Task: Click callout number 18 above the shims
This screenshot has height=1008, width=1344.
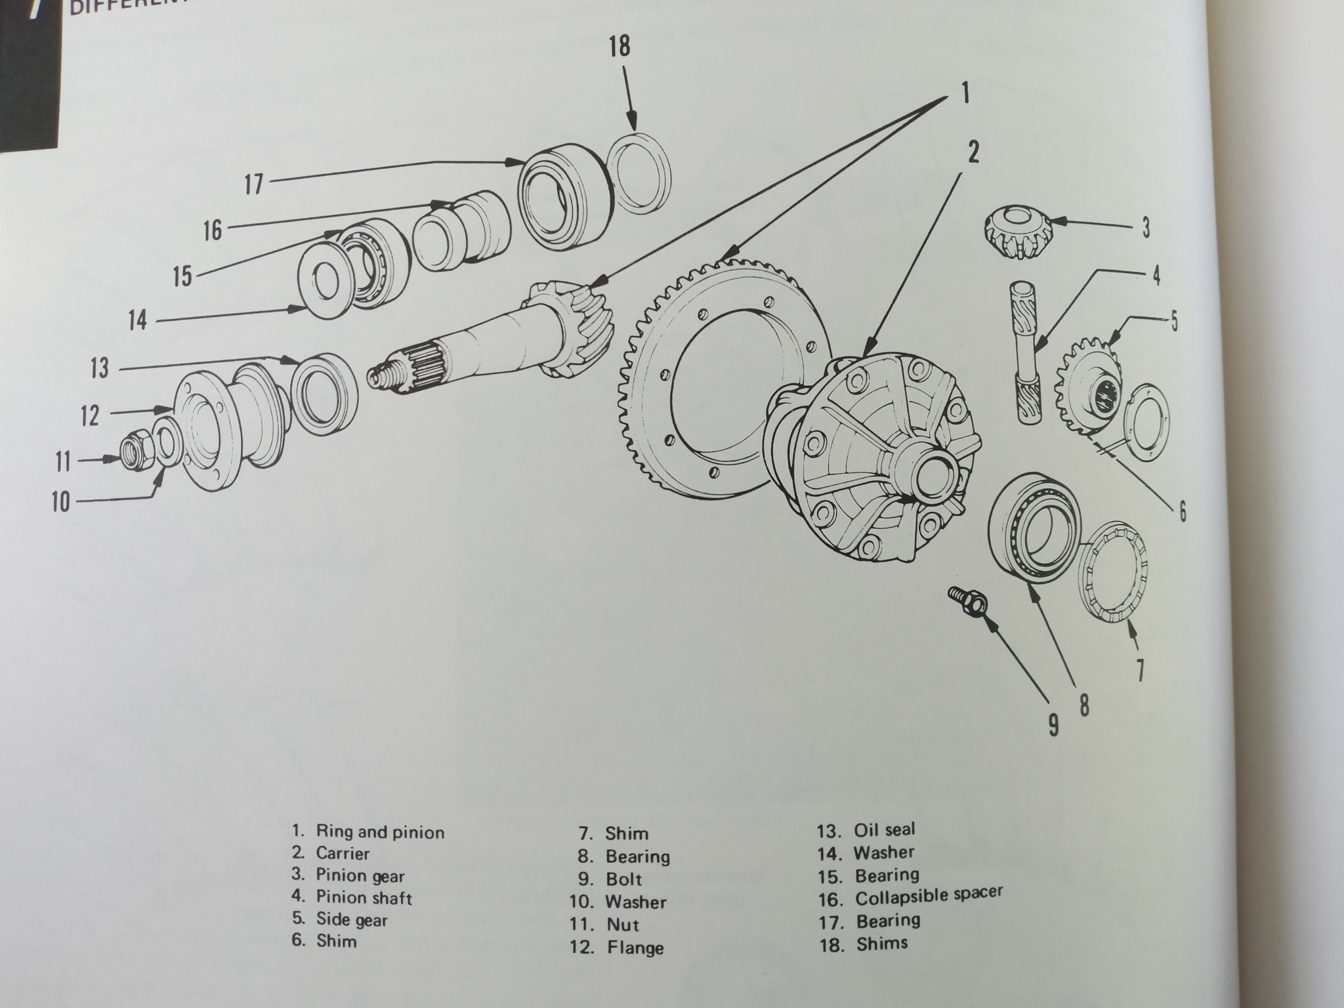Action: pos(619,47)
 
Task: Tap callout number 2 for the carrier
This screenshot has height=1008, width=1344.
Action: pos(973,153)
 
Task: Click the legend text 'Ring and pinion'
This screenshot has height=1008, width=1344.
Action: pos(380,832)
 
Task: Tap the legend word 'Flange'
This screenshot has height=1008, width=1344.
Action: pos(635,948)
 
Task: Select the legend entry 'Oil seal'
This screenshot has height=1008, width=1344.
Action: pos(883,830)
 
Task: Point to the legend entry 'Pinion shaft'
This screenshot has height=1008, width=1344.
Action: pos(364,897)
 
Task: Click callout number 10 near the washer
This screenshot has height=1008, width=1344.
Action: pos(60,503)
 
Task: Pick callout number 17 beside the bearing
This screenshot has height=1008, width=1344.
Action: pos(253,184)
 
